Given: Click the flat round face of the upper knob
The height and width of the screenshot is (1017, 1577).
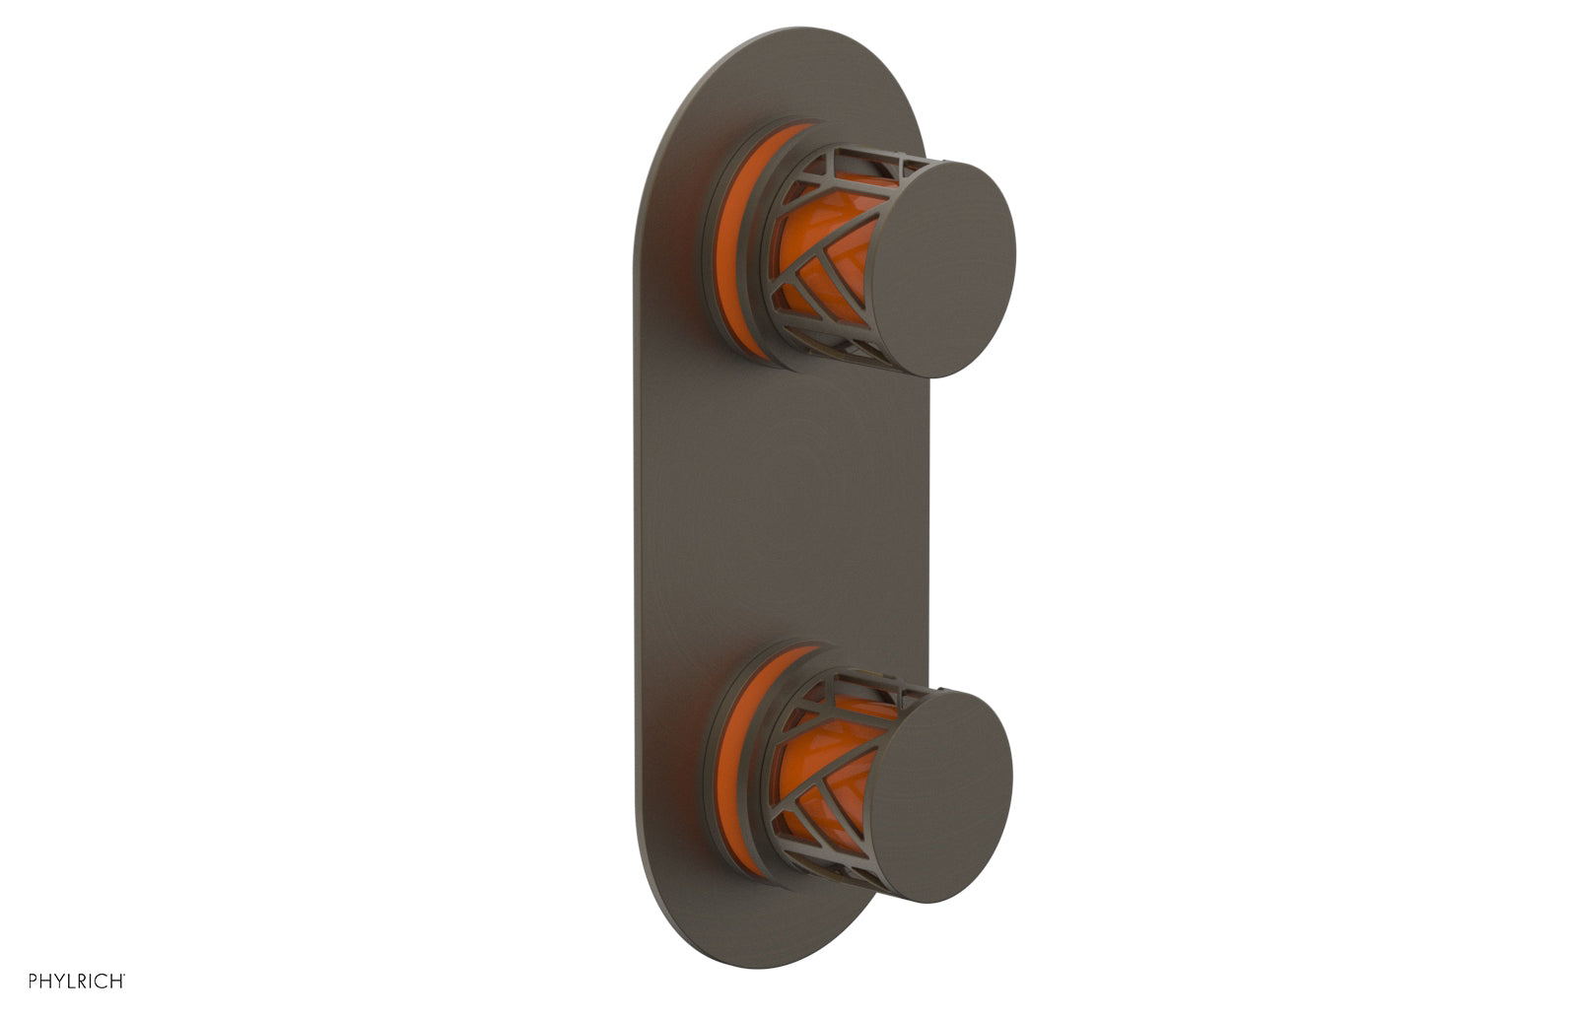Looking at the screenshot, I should pos(940,268).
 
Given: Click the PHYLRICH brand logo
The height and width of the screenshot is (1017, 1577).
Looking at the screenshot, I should pos(77,981).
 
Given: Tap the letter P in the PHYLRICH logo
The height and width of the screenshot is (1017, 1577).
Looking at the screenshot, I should pos(33,981).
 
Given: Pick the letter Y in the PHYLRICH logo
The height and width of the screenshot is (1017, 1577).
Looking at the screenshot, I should pos(58,981).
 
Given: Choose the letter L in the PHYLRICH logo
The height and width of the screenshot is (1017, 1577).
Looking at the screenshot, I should pos(70,981).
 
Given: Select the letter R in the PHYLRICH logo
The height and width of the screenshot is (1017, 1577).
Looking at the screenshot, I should pos(82,981).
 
